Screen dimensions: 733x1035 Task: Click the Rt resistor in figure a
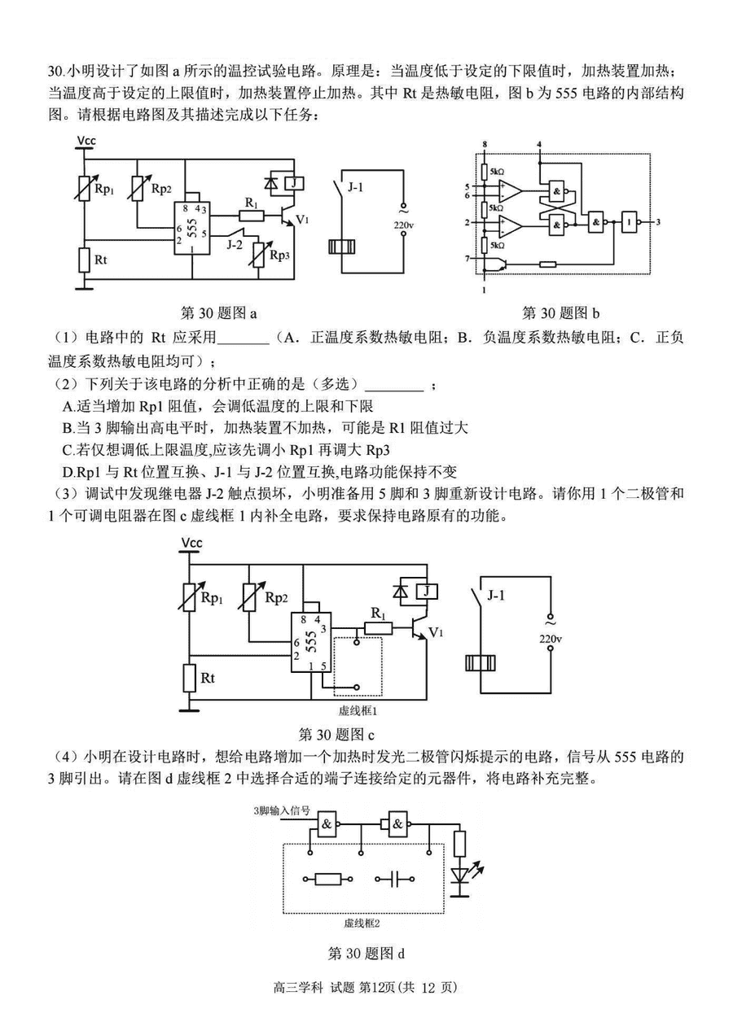point(84,260)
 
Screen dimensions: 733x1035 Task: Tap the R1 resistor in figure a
point(252,216)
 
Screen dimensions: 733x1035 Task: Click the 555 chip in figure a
point(192,228)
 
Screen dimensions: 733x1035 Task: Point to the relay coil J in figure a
point(295,183)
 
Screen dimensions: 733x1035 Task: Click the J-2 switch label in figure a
point(235,244)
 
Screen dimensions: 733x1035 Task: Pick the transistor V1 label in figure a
point(301,220)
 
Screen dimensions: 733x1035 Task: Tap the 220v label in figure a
point(404,225)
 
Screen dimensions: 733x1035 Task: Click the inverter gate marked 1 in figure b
point(630,222)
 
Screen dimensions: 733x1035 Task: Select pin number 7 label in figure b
point(467,258)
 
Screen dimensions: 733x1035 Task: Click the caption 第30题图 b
point(560,312)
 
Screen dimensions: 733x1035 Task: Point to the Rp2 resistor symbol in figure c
point(249,597)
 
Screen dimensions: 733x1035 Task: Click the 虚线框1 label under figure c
point(358,710)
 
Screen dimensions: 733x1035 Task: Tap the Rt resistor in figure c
point(189,678)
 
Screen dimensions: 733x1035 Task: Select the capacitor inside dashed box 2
point(394,880)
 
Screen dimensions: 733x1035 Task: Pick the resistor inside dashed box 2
point(328,880)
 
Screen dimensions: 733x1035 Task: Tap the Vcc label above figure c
point(191,543)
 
